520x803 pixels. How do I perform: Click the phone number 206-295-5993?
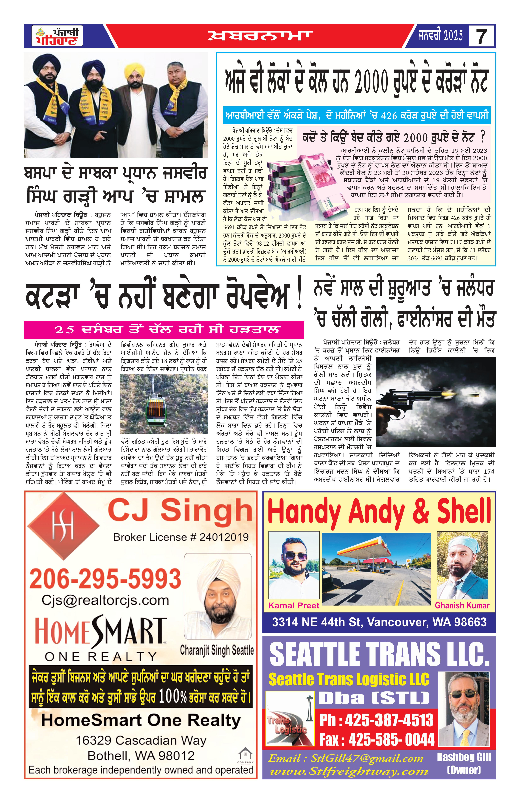[105, 579]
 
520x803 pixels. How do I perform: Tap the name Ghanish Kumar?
[462, 606]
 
